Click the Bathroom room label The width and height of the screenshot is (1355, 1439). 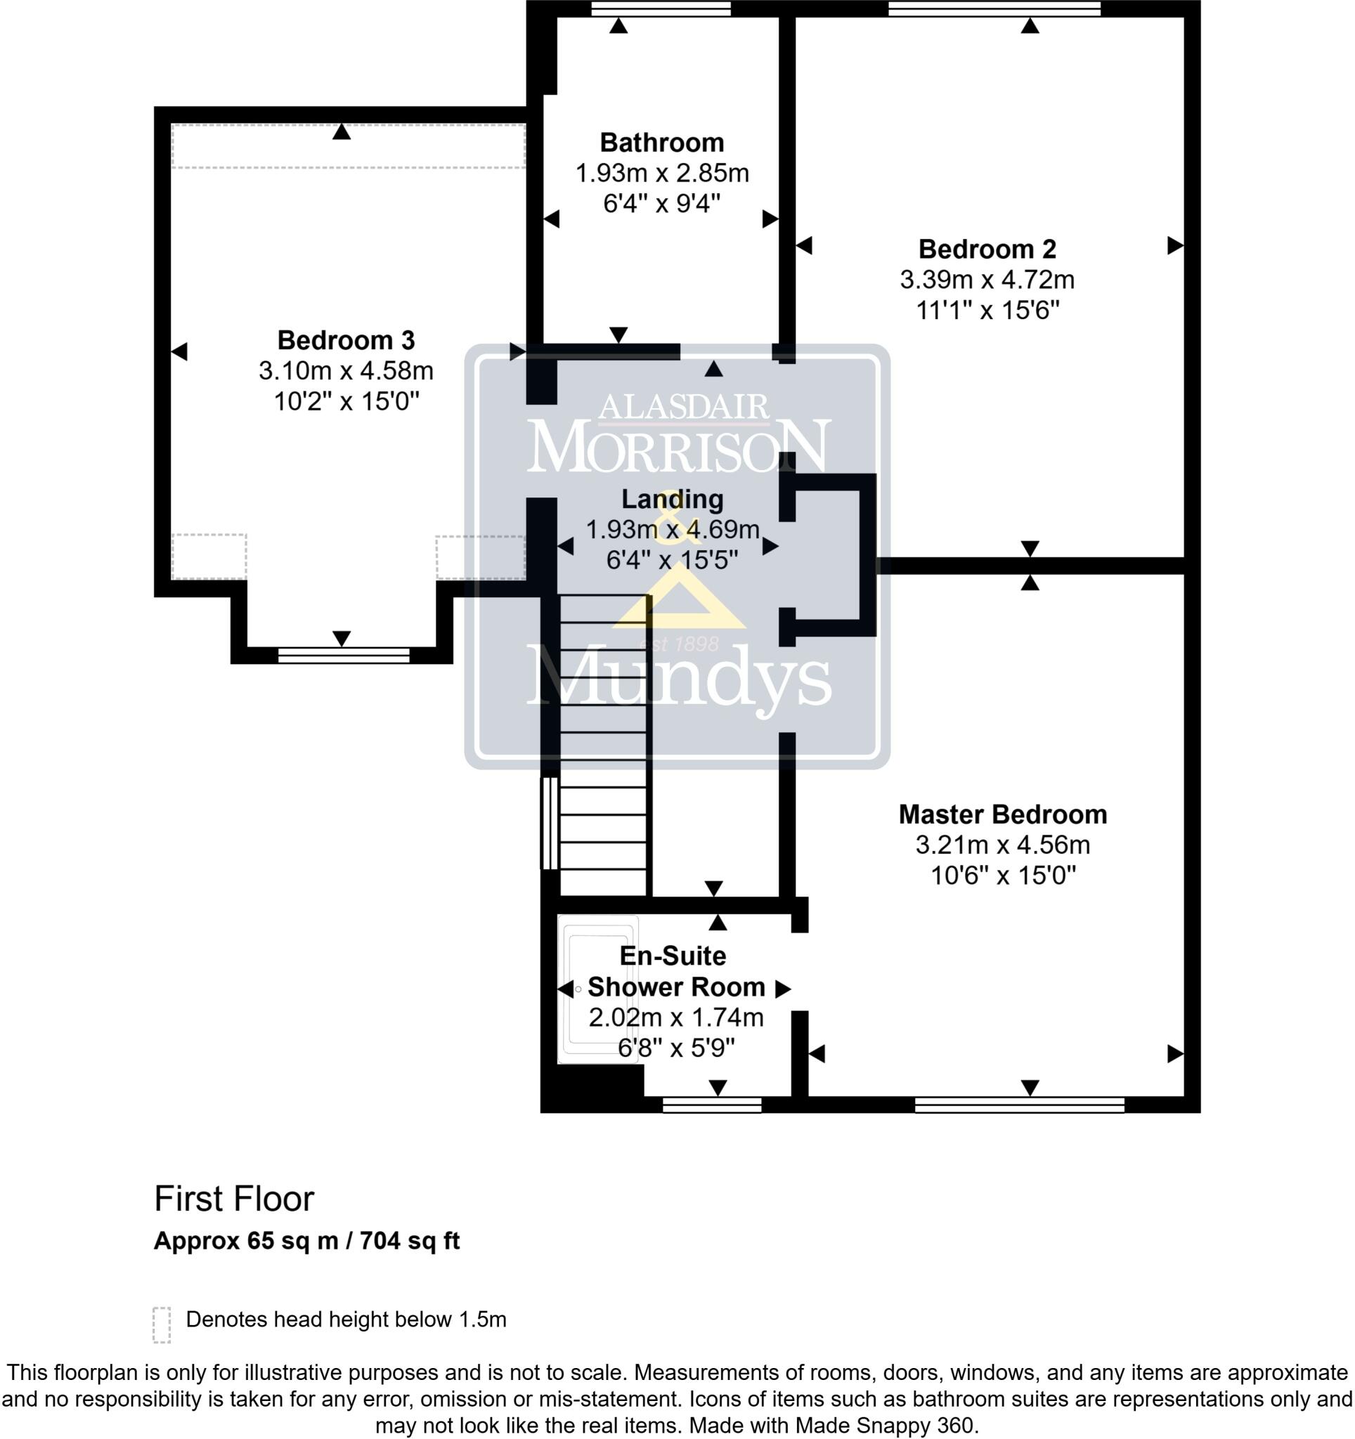[661, 143]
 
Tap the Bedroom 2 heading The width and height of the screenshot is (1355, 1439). [987, 249]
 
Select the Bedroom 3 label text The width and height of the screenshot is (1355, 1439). [346, 340]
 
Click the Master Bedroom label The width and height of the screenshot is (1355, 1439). [1002, 814]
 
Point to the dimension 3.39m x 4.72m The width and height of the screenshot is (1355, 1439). [987, 280]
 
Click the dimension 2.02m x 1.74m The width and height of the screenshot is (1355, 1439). [675, 1017]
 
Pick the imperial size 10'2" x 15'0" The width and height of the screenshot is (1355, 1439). [346, 401]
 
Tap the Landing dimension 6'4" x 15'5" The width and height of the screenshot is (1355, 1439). [672, 559]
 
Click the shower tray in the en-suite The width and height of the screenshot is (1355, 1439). [597, 989]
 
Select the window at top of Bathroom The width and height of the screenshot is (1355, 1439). [660, 8]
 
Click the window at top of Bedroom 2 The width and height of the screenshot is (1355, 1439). [994, 8]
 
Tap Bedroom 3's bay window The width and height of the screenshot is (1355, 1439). [344, 655]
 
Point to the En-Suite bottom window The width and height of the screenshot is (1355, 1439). [711, 1104]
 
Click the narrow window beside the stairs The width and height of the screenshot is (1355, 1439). [550, 823]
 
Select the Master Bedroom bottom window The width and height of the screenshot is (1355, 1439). [1019, 1104]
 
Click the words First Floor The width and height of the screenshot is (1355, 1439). [234, 1199]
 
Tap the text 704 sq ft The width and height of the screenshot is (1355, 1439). [409, 1242]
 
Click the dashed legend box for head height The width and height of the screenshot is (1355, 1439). [162, 1324]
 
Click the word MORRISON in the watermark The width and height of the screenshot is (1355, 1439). [678, 446]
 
